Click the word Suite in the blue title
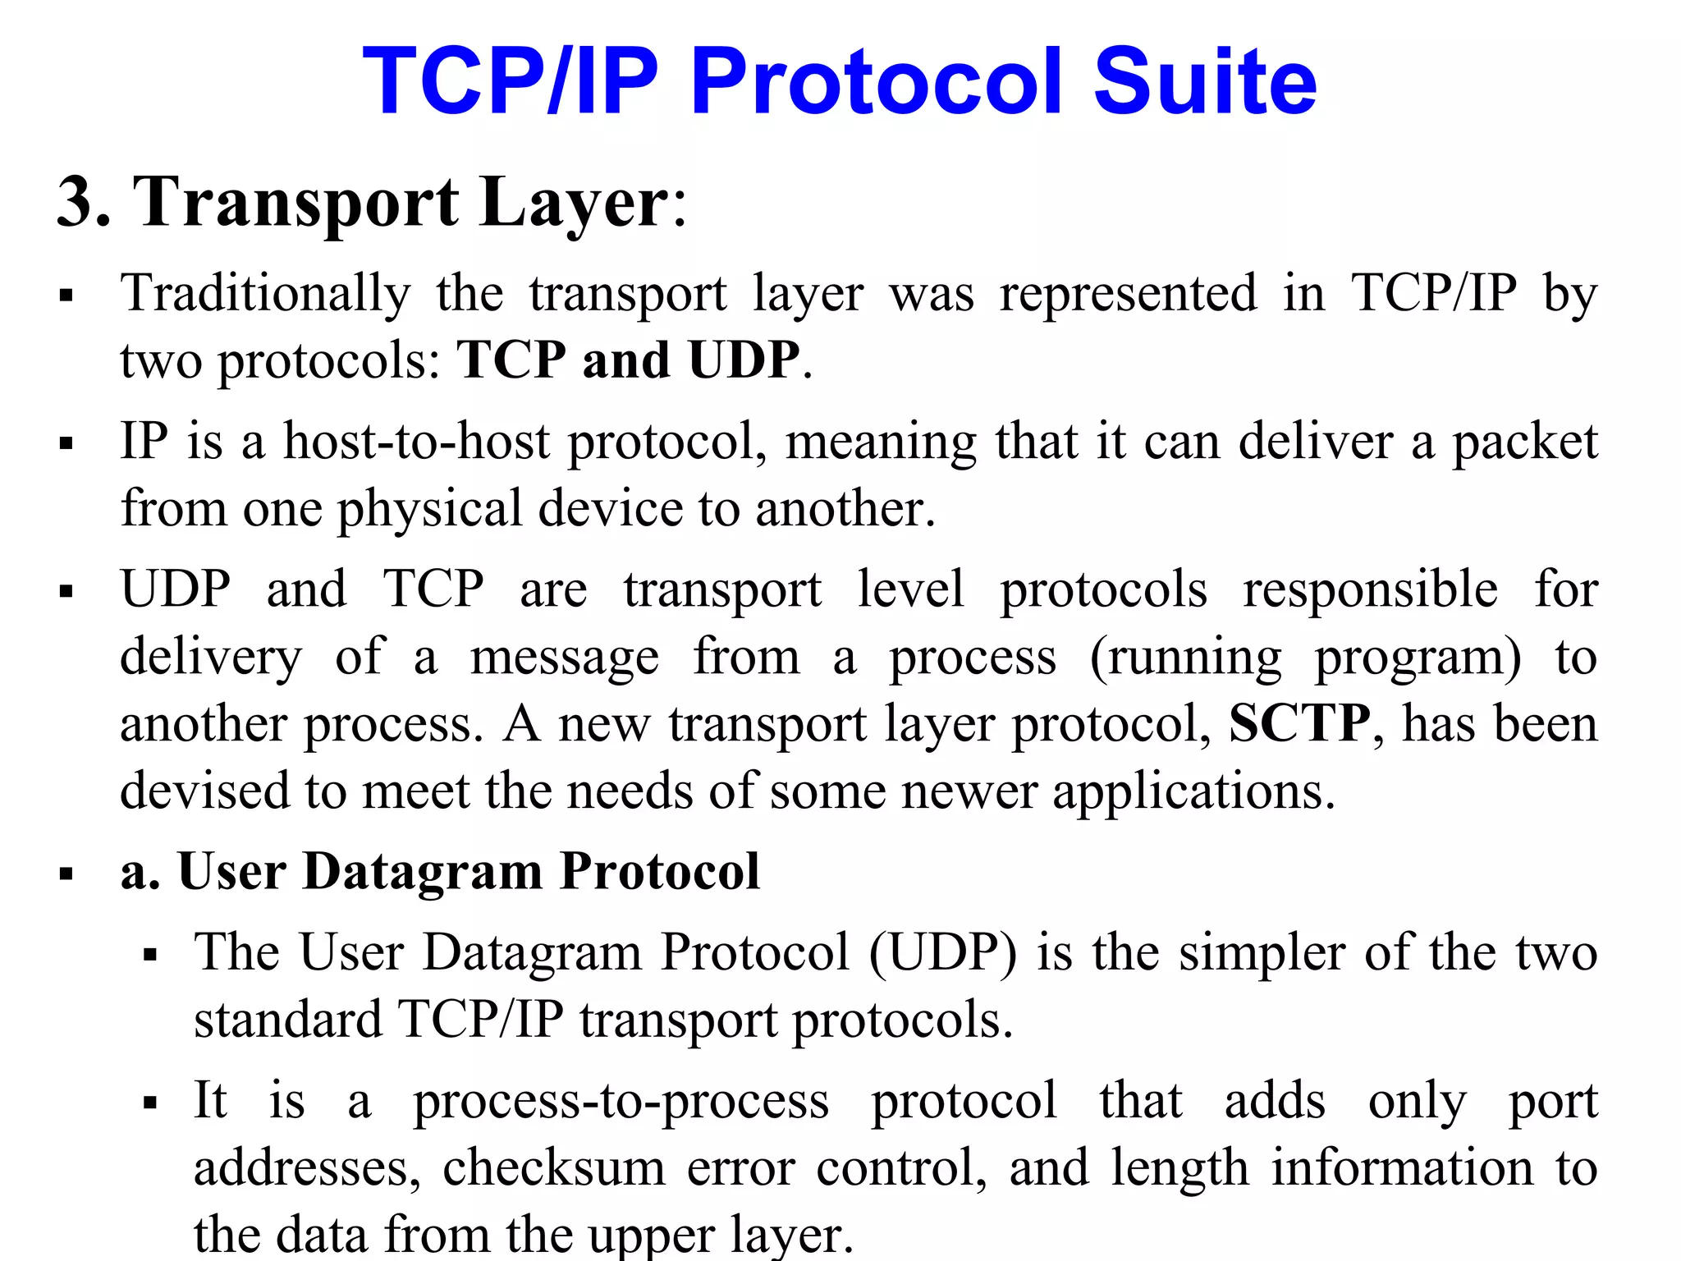1205,82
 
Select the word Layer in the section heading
575,202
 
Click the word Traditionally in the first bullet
265,294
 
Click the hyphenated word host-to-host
416,442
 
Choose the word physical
429,509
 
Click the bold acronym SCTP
1299,724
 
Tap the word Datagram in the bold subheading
422,871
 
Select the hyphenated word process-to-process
621,1102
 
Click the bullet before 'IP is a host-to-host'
66,444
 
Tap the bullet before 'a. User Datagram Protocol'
66,874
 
